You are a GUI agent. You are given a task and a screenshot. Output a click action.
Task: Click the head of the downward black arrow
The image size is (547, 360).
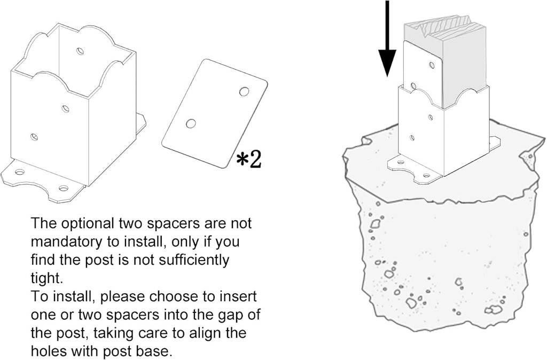pos(387,63)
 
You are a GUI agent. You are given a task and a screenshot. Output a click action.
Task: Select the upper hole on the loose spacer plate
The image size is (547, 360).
pos(244,92)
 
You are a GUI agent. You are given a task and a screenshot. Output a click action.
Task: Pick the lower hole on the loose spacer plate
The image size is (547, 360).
pos(191,123)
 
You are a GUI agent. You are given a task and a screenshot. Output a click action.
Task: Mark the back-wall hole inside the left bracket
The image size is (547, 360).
pos(81,52)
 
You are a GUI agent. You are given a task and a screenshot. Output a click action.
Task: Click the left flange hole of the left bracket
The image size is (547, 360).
pos(21,173)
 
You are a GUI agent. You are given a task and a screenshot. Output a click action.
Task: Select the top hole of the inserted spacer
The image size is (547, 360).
pos(433,65)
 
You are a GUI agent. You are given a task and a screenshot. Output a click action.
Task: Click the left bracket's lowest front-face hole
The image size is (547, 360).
pos(34,137)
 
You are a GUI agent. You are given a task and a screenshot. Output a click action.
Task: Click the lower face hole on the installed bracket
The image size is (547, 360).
pos(413,138)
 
